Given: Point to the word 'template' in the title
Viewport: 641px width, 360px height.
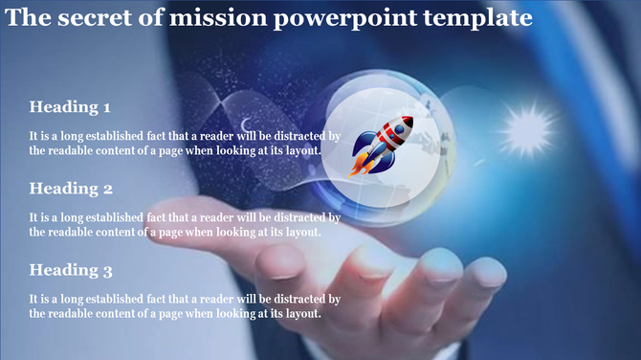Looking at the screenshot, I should [x=479, y=19].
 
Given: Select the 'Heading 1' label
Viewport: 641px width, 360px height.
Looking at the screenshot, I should [x=70, y=106].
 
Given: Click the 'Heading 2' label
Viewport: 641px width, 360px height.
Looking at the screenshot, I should [x=71, y=188].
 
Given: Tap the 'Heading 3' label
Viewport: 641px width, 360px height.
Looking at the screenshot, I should [x=71, y=270].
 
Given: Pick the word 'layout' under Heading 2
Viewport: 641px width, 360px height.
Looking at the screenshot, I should [x=299, y=231].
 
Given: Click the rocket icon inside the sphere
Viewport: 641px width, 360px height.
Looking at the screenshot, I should [x=382, y=145].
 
